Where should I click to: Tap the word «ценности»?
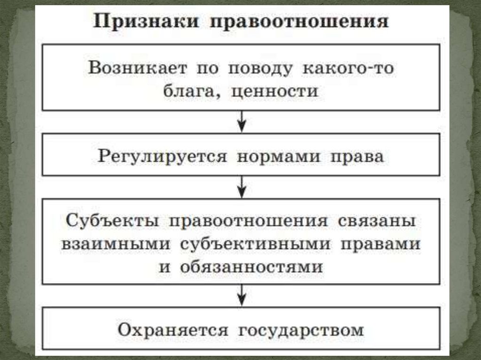tap(275, 91)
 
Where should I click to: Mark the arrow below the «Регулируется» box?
tap(241, 187)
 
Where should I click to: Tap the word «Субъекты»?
tap(109, 221)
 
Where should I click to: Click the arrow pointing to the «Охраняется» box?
tap(241, 296)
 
